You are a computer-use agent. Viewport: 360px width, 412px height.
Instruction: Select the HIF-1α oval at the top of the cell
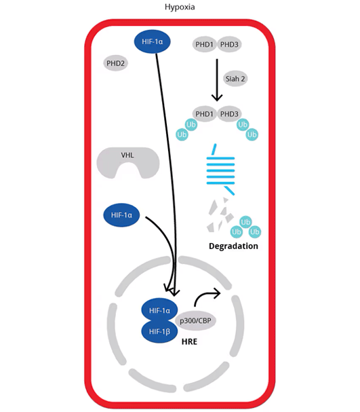153,42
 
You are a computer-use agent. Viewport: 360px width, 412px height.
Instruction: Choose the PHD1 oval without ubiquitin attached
205,45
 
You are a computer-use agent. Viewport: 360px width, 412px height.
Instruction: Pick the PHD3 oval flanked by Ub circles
229,113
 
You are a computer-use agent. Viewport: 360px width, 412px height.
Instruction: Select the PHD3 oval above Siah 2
229,45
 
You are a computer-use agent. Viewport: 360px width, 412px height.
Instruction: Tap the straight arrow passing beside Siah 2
217,78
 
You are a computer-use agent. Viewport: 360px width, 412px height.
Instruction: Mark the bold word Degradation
234,246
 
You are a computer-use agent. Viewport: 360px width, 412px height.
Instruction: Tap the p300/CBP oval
196,320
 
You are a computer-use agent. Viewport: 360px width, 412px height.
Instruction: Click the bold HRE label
189,341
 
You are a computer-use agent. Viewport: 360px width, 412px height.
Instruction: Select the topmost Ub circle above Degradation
245,222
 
